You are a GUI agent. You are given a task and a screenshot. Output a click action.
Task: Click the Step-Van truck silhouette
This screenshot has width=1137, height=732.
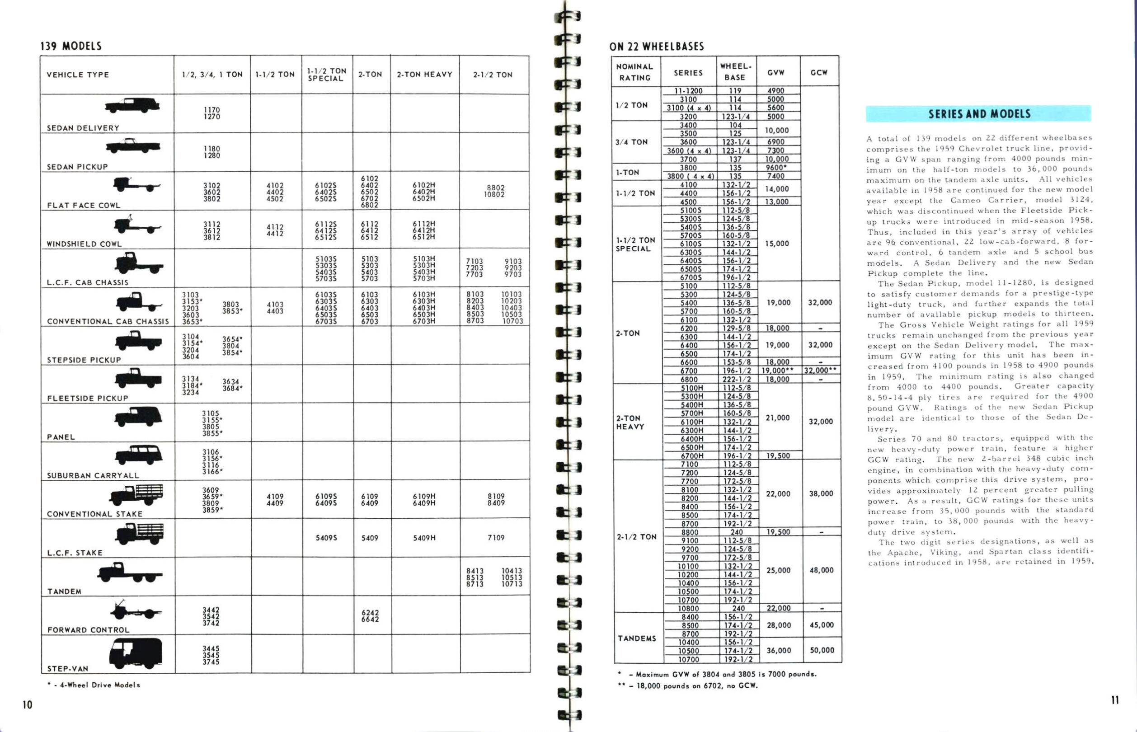136,652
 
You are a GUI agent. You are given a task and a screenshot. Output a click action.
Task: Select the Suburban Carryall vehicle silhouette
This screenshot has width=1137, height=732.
138,455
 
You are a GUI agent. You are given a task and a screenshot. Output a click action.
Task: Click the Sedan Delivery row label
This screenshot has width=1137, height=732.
83,128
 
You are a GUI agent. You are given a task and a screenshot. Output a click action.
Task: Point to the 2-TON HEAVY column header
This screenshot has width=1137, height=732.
424,75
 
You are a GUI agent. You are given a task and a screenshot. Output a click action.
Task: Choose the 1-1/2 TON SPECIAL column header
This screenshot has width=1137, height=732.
327,75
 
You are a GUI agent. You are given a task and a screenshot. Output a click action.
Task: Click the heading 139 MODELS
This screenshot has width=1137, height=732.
71,46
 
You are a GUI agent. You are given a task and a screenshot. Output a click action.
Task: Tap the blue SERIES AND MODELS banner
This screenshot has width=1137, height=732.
978,113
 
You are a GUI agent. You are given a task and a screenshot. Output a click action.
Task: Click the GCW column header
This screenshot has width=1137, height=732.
819,73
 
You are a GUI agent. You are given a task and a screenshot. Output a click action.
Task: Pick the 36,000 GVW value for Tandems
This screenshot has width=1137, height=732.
779,650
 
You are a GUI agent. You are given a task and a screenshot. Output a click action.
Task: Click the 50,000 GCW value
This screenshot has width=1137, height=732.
822,650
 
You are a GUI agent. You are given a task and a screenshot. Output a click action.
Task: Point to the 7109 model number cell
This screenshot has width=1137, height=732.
496,538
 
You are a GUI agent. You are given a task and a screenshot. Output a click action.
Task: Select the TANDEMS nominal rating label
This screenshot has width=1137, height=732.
637,638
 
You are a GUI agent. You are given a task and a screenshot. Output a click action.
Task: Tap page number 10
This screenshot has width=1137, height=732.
28,705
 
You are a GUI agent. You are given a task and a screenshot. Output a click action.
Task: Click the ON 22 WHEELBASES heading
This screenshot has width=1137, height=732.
657,47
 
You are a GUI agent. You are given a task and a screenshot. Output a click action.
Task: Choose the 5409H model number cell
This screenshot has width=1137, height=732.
424,538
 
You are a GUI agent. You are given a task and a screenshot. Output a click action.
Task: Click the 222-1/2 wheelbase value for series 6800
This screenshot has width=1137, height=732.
737,379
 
